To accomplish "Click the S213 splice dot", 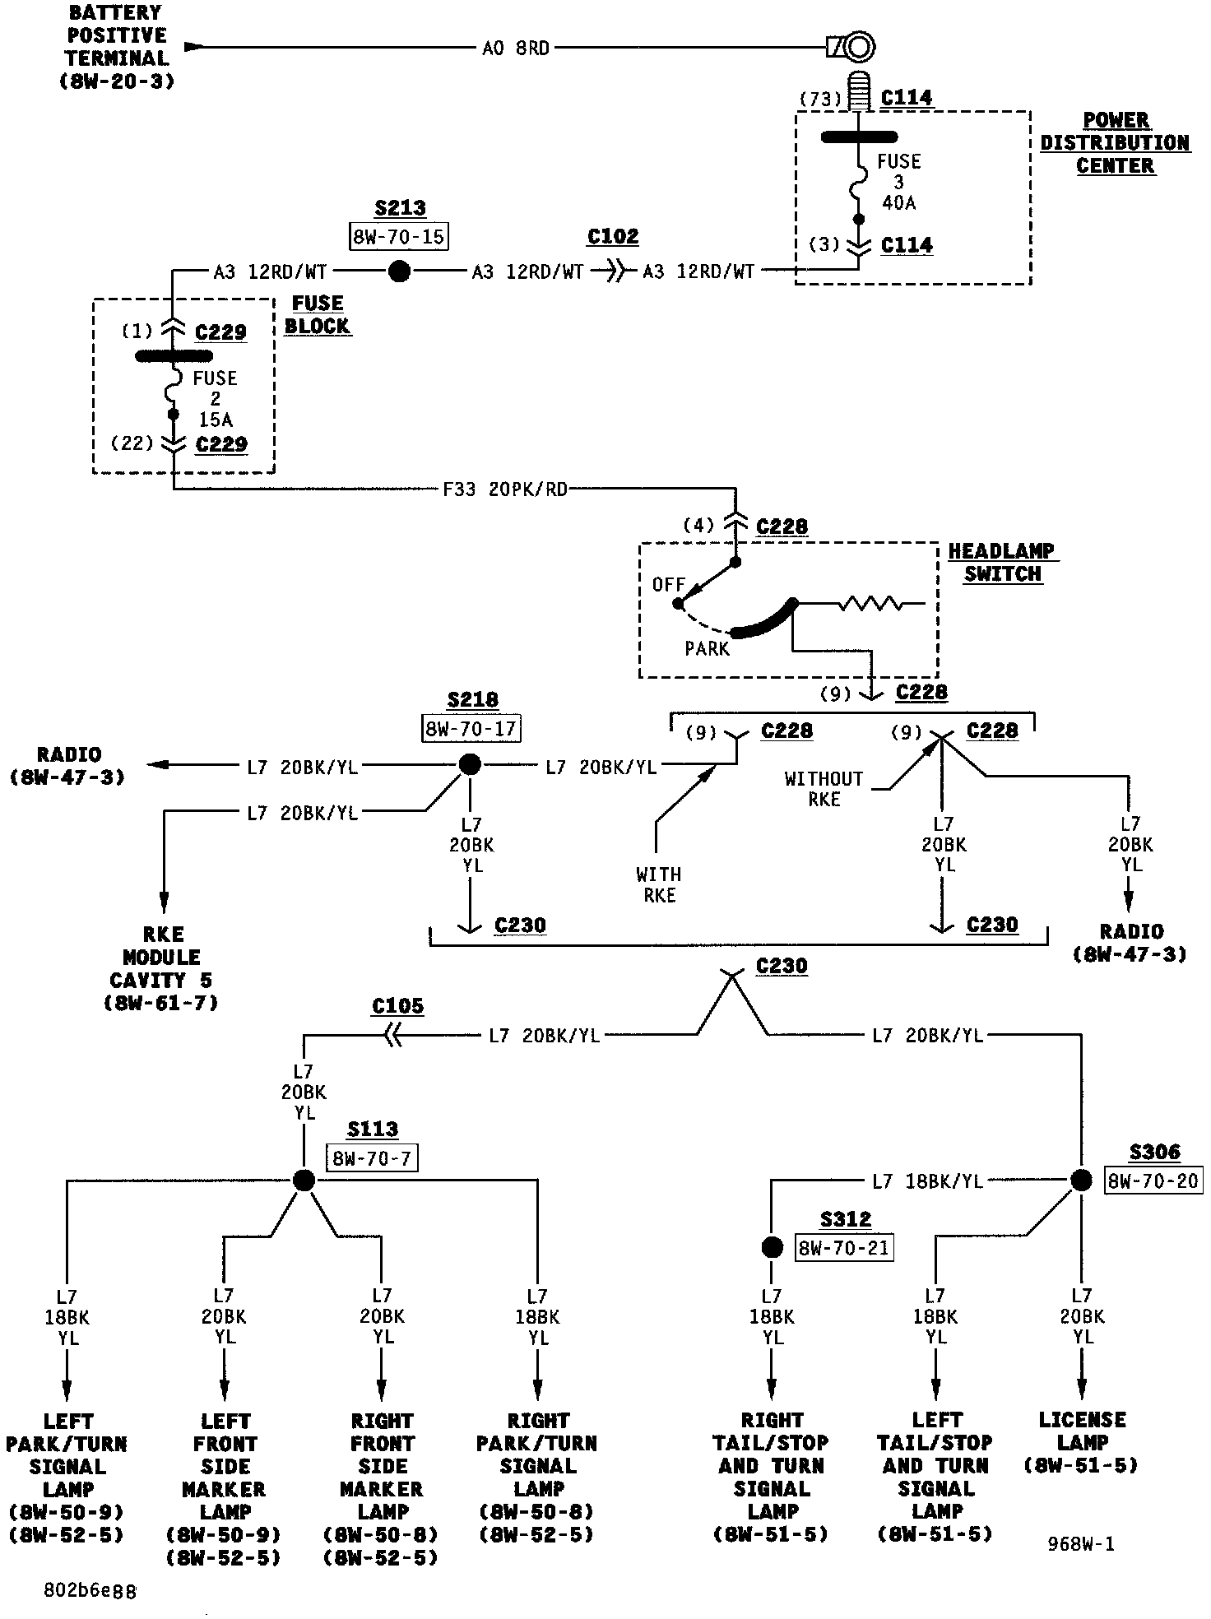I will (x=399, y=271).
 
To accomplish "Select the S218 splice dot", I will (x=469, y=765).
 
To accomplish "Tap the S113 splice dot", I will (x=304, y=1181).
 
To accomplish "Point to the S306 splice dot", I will (x=1081, y=1180).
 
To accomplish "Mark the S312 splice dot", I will (x=772, y=1247).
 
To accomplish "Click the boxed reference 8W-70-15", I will (x=399, y=237).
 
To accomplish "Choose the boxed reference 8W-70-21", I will (x=845, y=1248).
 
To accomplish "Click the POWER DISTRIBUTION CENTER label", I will (x=1115, y=143).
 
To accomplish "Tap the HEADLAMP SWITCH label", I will (x=1002, y=563).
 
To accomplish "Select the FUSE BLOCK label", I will (x=318, y=314).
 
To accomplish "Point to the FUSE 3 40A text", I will (x=898, y=182).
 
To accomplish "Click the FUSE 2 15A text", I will (x=215, y=399).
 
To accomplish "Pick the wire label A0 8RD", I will (x=515, y=49).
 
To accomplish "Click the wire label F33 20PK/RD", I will (x=505, y=489).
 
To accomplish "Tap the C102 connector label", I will (x=613, y=237).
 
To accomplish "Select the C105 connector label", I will (x=397, y=1006).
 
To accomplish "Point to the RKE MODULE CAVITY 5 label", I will (x=161, y=968).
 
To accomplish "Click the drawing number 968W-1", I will (x=1081, y=1544).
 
